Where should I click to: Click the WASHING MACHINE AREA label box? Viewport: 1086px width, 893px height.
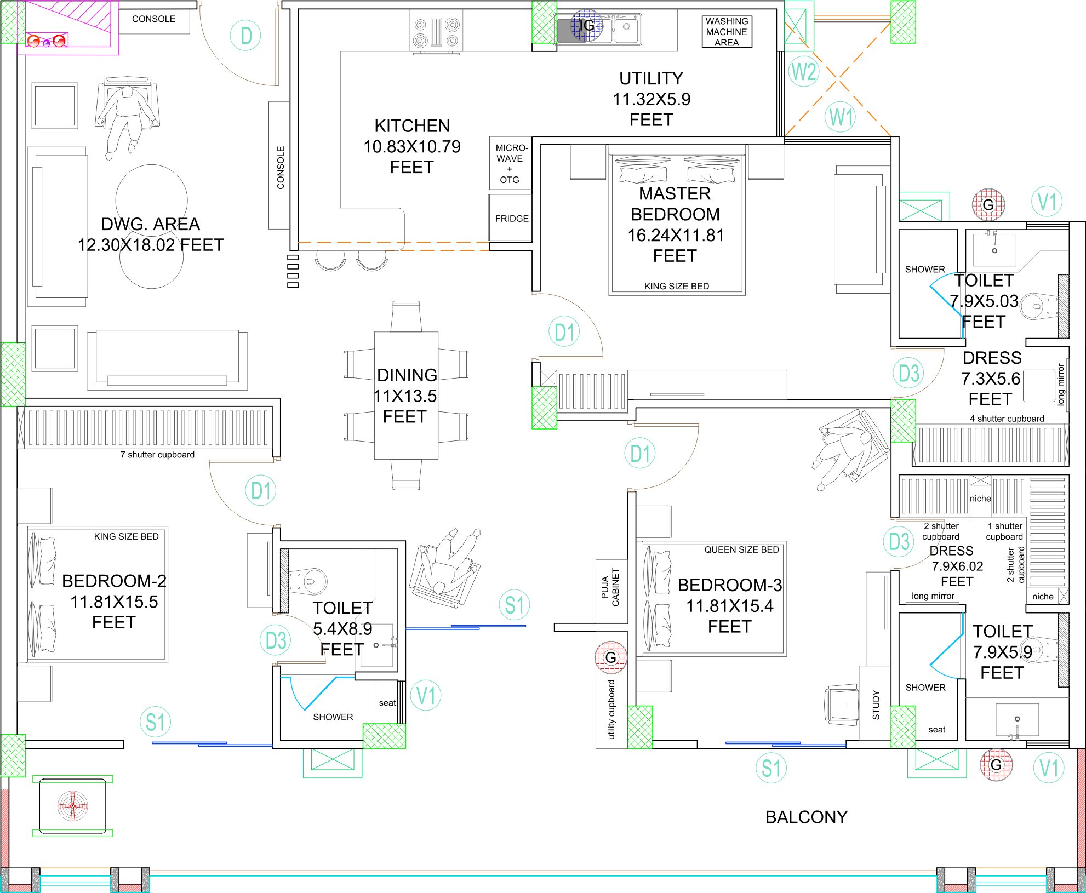click(x=727, y=32)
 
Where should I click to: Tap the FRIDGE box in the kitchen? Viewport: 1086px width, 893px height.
click(x=511, y=218)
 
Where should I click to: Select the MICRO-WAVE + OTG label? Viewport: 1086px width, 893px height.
click(x=511, y=163)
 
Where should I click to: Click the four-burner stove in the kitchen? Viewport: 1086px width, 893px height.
click(x=436, y=32)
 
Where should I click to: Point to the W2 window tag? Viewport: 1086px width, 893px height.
click(x=804, y=72)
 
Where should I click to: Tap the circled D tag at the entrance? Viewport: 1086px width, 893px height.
click(x=245, y=36)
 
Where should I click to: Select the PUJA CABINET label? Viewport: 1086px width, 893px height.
click(x=610, y=587)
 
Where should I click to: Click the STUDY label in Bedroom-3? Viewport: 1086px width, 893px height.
click(x=876, y=705)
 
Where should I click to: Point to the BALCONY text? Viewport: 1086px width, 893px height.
click(x=806, y=817)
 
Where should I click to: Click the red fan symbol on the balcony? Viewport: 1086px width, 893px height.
click(x=72, y=806)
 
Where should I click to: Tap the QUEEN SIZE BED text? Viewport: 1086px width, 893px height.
click(x=741, y=549)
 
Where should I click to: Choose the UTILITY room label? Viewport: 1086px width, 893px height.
click(x=651, y=78)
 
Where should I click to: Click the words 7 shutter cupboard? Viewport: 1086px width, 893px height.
click(x=157, y=455)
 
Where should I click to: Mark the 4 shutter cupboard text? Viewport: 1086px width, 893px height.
click(x=1007, y=419)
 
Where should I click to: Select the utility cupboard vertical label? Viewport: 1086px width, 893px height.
click(x=611, y=709)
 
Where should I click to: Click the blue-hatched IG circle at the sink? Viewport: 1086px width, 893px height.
click(x=586, y=25)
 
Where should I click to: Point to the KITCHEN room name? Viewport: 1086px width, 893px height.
click(x=412, y=126)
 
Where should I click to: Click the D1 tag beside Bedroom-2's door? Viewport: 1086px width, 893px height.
click(x=260, y=490)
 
